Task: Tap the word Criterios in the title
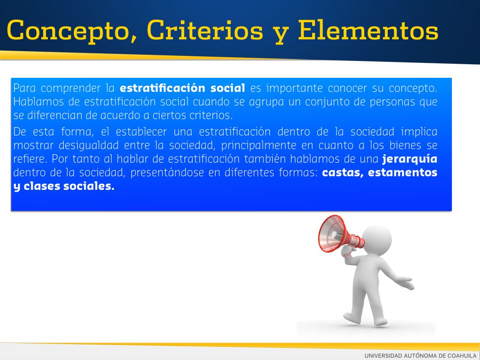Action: coord(205,30)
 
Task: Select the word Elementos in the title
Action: coord(368,30)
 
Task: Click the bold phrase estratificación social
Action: coord(182,88)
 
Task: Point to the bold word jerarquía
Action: coord(410,159)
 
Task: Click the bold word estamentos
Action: coord(403,172)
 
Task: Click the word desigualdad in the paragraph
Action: coord(89,146)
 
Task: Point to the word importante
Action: coord(294,89)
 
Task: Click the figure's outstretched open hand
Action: coord(407,283)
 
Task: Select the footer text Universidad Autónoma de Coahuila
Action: coord(420,355)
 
